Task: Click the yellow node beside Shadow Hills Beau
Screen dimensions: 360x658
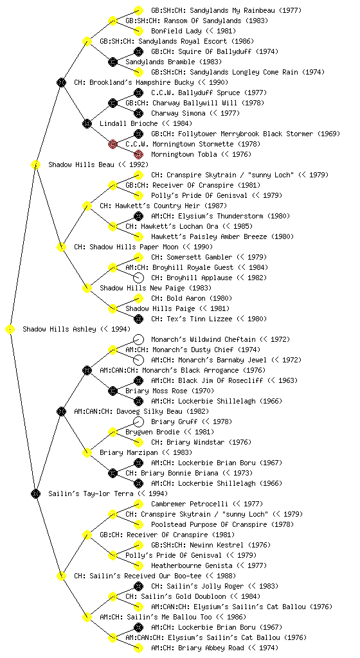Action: coord(35,164)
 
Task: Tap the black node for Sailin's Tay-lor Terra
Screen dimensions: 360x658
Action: coord(35,493)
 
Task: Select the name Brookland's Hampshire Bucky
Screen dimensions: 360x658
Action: coord(141,83)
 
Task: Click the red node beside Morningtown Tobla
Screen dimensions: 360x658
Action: coord(138,154)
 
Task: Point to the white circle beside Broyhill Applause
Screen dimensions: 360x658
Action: coord(138,278)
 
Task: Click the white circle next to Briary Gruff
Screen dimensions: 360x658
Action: coord(138,422)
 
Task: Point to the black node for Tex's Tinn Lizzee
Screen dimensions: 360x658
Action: coord(138,319)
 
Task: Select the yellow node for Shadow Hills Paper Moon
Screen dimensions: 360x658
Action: coord(61,247)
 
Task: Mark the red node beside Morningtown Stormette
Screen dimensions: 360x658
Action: coord(113,145)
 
